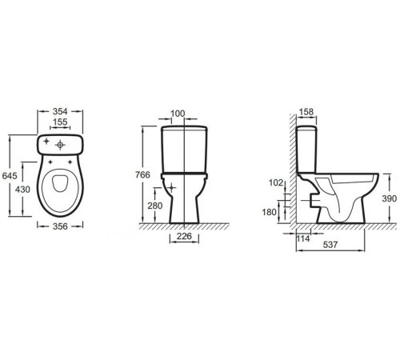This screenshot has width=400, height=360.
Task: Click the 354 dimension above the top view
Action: point(60,111)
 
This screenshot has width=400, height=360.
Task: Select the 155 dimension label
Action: point(60,122)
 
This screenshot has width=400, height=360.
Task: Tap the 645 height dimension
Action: point(10,176)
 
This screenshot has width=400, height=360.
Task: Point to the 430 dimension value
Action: point(22,190)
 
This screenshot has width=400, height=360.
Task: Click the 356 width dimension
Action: point(60,226)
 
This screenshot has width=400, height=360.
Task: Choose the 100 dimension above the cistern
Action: point(178,114)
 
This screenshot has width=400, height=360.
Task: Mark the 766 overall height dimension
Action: point(142,175)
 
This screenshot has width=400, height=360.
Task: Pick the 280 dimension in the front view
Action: point(155,206)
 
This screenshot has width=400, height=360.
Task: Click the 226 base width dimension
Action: point(184,236)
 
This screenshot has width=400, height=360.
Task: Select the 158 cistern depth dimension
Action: point(306,112)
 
